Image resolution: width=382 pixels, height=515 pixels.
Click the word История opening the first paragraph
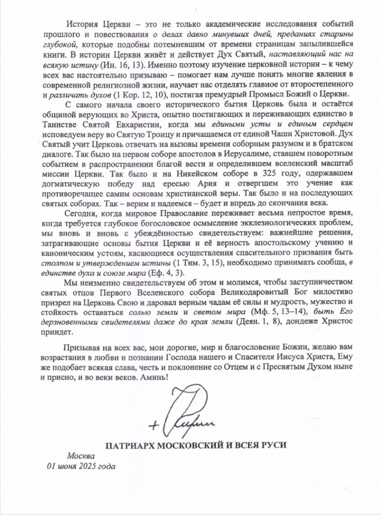[82, 24]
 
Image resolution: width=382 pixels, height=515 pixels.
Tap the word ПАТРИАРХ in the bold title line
[130, 446]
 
